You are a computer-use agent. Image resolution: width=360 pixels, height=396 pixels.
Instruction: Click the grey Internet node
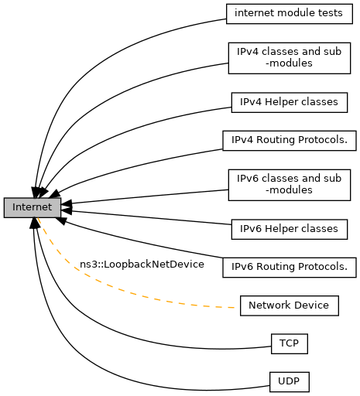pyautogui.click(x=33, y=207)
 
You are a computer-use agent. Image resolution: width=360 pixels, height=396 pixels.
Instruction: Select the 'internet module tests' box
pyautogui.click(x=290, y=14)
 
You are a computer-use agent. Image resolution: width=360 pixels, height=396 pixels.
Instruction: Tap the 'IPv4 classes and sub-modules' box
pyautogui.click(x=290, y=58)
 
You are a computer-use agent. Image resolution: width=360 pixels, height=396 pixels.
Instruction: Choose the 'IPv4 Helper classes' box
pyautogui.click(x=290, y=102)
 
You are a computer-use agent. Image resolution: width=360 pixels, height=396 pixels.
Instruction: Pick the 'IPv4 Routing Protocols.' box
pyautogui.click(x=290, y=141)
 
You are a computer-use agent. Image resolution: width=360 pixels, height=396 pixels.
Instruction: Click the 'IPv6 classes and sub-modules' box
pyautogui.click(x=290, y=185)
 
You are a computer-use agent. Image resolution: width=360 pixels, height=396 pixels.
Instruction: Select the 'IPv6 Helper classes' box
pyautogui.click(x=290, y=229)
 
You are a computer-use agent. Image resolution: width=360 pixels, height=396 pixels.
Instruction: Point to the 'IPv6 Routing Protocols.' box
pyautogui.click(x=290, y=268)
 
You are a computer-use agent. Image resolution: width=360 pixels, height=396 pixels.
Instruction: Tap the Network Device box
pyautogui.click(x=290, y=306)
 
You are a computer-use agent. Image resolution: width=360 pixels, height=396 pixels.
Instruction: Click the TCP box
pyautogui.click(x=290, y=343)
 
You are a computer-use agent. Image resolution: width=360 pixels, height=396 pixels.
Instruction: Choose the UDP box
pyautogui.click(x=290, y=382)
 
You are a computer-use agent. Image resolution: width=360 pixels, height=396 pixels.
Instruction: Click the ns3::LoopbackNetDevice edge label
pyautogui.click(x=142, y=265)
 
